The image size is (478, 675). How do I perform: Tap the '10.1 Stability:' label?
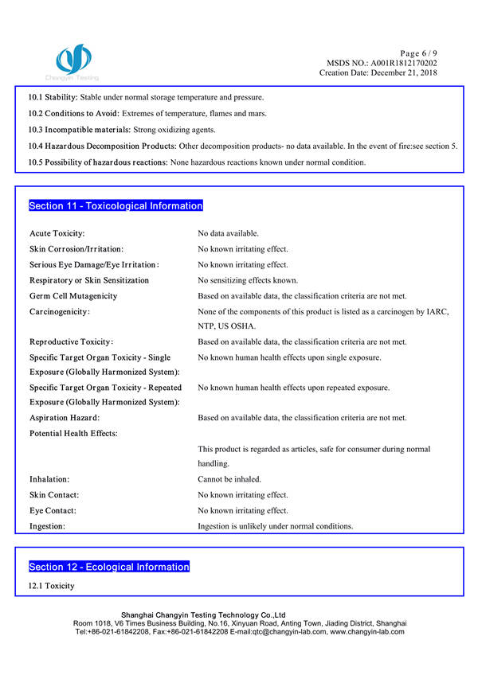point(53,97)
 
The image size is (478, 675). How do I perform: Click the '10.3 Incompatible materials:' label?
point(79,130)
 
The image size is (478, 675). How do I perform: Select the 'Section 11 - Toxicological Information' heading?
point(116,206)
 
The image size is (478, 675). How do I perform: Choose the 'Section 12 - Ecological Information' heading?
point(109,567)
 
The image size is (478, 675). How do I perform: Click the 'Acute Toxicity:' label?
point(57,233)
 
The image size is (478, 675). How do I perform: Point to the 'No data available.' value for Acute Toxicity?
point(228,233)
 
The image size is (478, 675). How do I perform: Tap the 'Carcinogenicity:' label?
point(60,311)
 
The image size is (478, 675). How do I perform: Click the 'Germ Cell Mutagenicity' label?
point(73,296)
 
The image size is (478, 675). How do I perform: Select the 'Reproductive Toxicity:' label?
point(72,342)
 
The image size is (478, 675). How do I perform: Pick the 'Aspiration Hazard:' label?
point(65,418)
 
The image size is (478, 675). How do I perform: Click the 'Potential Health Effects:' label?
point(73,433)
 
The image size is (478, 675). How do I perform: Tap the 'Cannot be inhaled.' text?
point(230,480)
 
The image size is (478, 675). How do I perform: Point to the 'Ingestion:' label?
point(48,526)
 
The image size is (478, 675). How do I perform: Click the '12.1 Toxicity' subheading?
point(52,586)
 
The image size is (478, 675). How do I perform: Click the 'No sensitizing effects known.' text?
point(248,280)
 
